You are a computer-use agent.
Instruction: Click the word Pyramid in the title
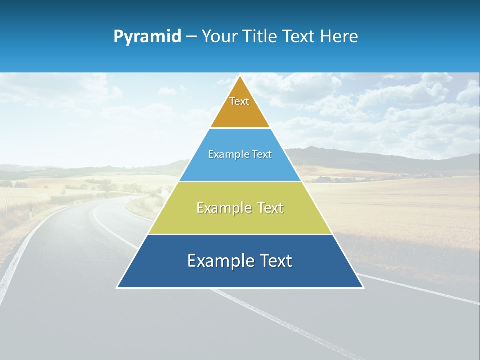(147, 36)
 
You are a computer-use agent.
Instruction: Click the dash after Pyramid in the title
(191, 37)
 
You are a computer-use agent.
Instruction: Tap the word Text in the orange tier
(239, 101)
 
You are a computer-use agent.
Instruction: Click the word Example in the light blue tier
(227, 155)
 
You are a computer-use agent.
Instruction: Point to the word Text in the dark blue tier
(274, 261)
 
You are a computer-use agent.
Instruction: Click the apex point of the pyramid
(240, 76)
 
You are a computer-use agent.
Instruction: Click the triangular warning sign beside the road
(63, 191)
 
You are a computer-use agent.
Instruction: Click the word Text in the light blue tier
(262, 155)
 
